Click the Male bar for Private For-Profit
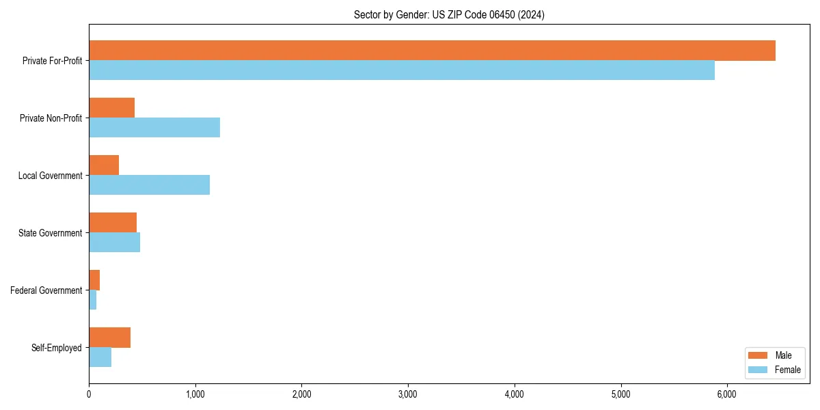pos(432,51)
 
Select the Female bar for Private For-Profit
pos(402,70)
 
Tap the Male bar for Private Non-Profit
pos(111,108)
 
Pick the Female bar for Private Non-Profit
pos(154,128)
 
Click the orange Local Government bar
pos(104,165)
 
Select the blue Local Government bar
pos(149,185)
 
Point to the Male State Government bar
pos(113,223)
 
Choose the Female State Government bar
pos(114,243)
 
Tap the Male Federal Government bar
pos(94,280)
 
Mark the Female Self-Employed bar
pos(100,357)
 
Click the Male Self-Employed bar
pos(109,338)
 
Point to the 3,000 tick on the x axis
pos(408,394)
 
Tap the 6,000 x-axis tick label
pos(726,394)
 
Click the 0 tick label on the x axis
pos(89,394)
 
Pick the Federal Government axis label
pos(46,290)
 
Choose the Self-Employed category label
pos(57,348)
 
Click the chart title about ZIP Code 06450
pos(449,14)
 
